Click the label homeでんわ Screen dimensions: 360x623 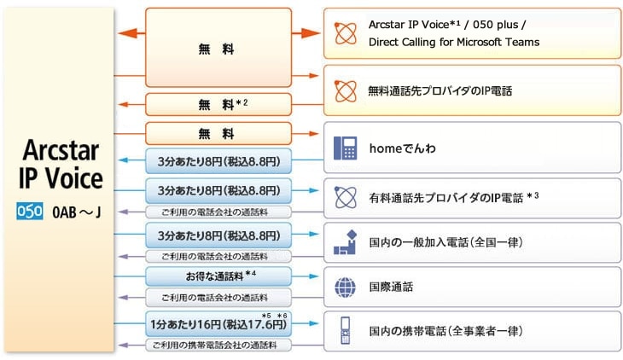[401, 148]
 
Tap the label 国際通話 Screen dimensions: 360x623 [392, 287]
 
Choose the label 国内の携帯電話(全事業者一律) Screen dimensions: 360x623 [446, 331]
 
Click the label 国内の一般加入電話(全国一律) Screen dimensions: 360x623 [446, 242]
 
